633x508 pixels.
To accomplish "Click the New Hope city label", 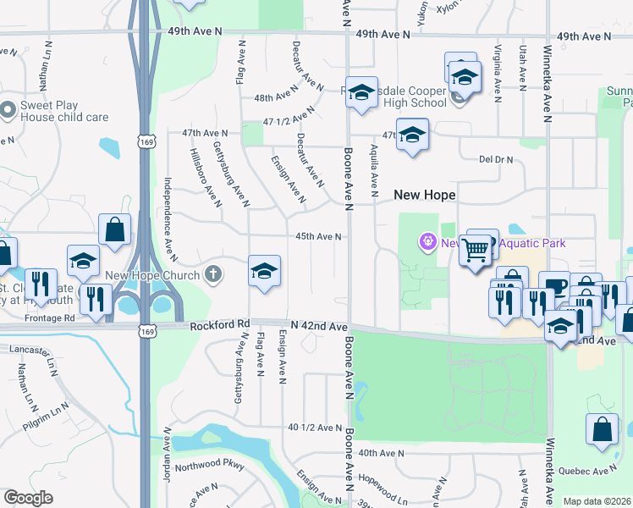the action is (425, 195).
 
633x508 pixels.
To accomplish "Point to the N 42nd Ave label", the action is (319, 326).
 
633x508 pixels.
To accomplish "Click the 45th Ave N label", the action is (317, 237).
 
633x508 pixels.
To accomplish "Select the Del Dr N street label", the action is (496, 158).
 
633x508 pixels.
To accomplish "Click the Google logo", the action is (28, 498).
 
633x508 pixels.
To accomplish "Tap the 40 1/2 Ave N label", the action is (314, 428).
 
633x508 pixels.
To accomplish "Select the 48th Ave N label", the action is (272, 97).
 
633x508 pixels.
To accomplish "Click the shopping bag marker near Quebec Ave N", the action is (603, 429).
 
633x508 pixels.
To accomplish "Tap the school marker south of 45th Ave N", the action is (264, 271).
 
